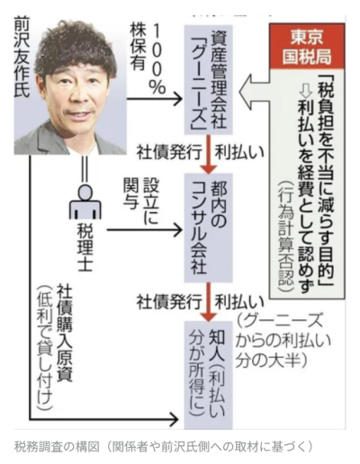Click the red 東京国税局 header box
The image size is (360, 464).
click(x=307, y=46)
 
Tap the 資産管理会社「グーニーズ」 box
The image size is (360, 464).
click(x=209, y=80)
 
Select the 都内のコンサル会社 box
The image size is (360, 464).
click(x=209, y=228)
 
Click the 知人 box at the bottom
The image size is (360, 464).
click(x=209, y=375)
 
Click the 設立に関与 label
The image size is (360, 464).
click(x=140, y=201)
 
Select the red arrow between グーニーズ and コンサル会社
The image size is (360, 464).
click(x=209, y=154)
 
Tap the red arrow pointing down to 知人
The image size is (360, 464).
click(x=209, y=302)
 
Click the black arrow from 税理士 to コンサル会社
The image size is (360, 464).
click(x=145, y=230)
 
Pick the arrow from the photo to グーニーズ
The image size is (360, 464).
click(x=155, y=98)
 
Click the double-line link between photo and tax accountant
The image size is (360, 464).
click(x=85, y=168)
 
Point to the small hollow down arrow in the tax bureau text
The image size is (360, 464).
click(x=306, y=89)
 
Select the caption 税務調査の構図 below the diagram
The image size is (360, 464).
click(x=57, y=447)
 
